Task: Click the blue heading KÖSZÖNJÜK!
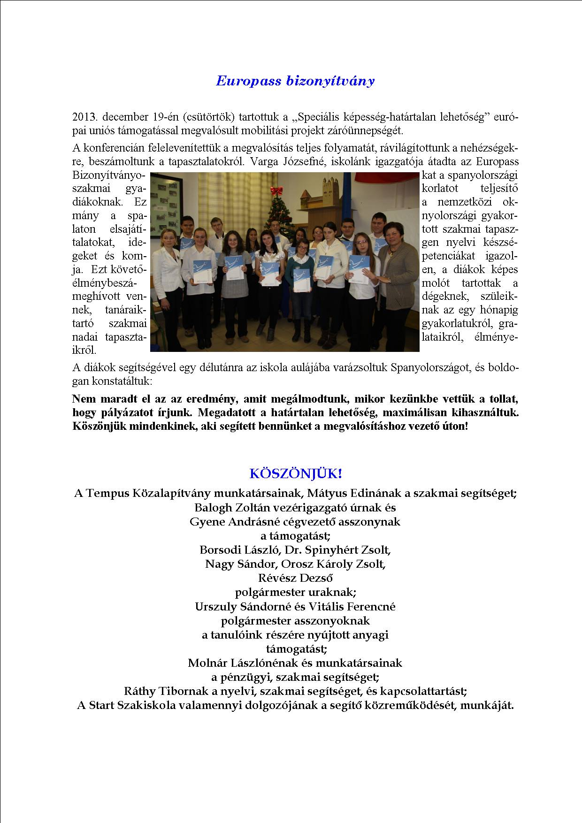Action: (296, 473)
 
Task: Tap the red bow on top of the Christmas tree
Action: (277, 191)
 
